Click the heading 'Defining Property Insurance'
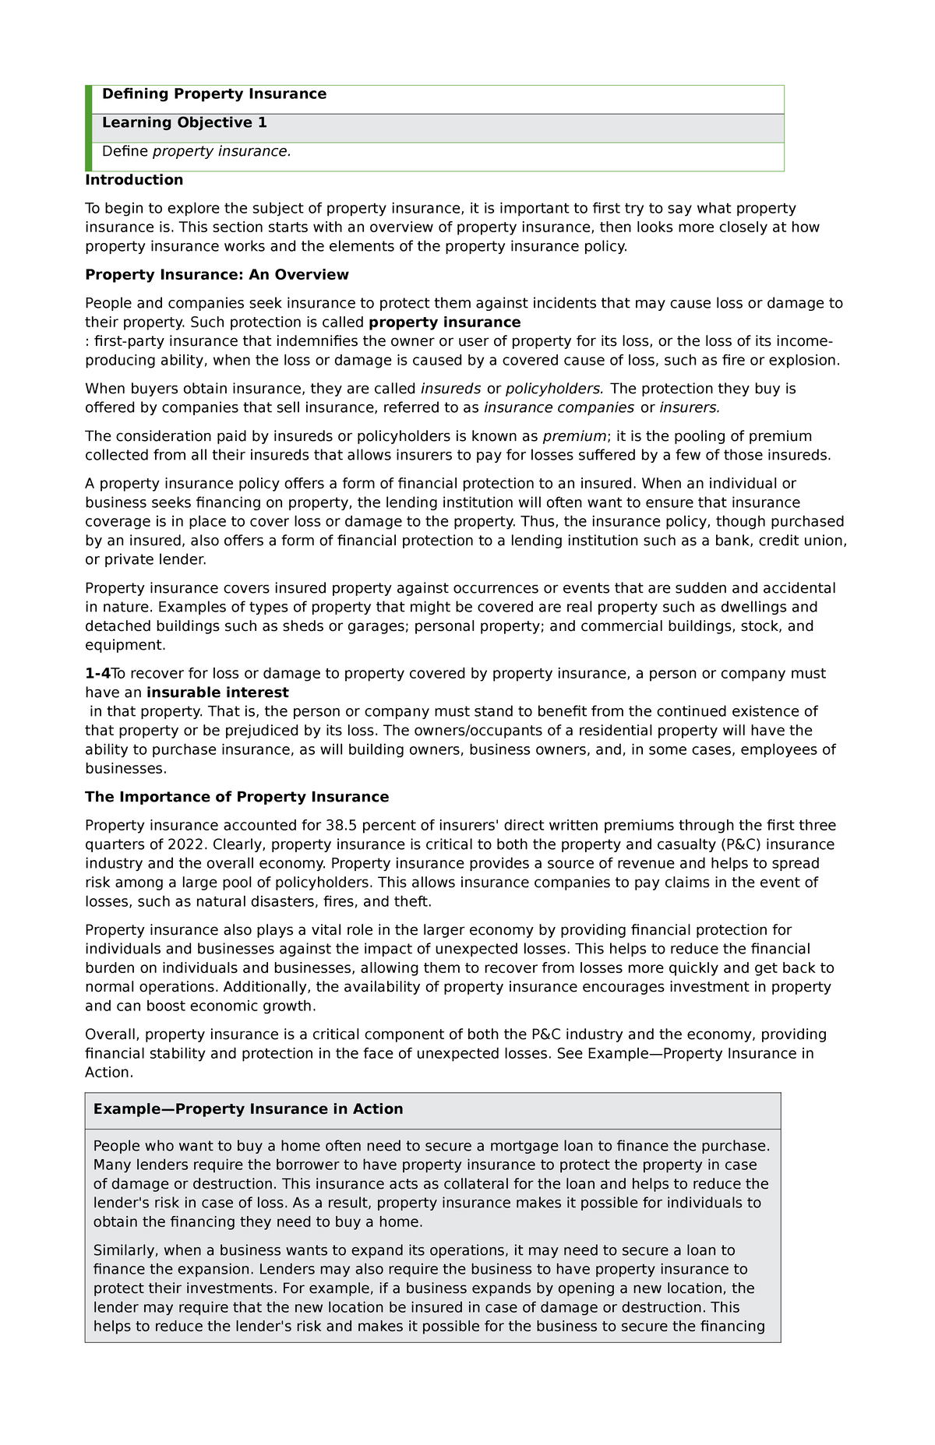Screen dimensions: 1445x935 pyautogui.click(x=214, y=94)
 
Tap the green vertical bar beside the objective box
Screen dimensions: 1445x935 pyautogui.click(x=88, y=128)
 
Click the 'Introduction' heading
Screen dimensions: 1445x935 pyautogui.click(x=134, y=180)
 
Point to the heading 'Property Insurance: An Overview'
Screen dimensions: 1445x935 pyautogui.click(x=217, y=275)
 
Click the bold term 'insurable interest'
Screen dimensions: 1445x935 pyautogui.click(x=217, y=693)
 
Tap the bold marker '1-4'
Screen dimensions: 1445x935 pyautogui.click(x=97, y=674)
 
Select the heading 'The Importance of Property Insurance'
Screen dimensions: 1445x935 pyautogui.click(x=237, y=797)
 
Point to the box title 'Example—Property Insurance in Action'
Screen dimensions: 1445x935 pyautogui.click(x=248, y=1109)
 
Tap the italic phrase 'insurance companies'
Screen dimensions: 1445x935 pyautogui.click(x=559, y=407)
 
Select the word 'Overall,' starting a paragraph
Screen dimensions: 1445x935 pyautogui.click(x=112, y=1034)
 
